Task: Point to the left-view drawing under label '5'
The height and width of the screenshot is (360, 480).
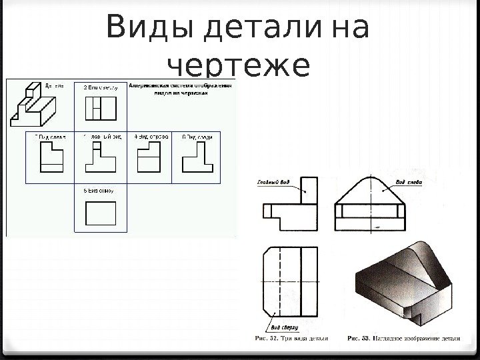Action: tap(50, 159)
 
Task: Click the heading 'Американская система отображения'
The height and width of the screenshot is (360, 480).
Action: tap(181, 86)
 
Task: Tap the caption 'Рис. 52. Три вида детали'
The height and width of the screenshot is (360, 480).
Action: tap(291, 338)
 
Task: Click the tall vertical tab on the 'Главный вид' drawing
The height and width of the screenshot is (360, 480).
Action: tap(309, 194)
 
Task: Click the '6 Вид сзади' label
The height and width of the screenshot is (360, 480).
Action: tap(197, 137)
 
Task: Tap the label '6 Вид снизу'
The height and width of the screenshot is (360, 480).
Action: tap(99, 190)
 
